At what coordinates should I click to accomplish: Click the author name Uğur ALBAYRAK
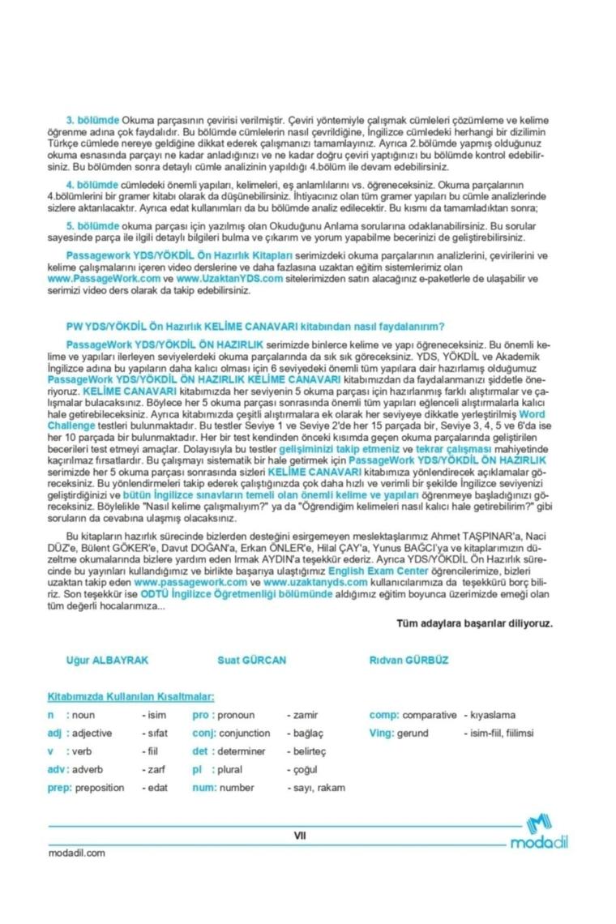pos(107,660)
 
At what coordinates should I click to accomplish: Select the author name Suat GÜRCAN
pos(251,660)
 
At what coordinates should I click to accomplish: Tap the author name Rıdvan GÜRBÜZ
pos(409,660)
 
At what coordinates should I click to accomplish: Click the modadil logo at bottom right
pos(539,833)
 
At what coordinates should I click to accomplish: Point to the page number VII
pos(300,836)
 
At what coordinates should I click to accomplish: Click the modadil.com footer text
pos(77,853)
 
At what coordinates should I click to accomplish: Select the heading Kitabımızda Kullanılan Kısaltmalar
pos(130,695)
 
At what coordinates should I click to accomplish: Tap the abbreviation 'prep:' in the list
pos(60,787)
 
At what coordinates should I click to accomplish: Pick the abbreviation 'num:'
pos(203,787)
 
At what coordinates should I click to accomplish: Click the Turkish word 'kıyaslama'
pos(493,715)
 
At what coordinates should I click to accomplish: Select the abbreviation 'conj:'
pos(205,733)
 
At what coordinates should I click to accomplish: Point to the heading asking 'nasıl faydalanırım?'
pos(255,327)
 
